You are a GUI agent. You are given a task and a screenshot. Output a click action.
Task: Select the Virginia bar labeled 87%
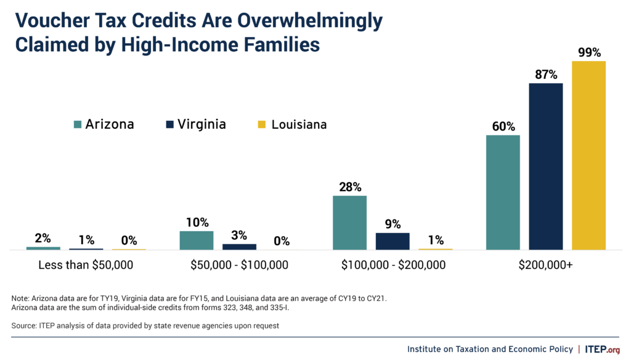point(546,166)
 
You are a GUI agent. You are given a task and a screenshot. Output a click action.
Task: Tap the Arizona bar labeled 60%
point(503,192)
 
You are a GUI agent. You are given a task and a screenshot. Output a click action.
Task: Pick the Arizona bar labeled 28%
point(349,223)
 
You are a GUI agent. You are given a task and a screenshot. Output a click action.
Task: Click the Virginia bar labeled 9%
point(393,241)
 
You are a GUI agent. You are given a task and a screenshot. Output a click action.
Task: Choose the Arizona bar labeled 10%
point(197,240)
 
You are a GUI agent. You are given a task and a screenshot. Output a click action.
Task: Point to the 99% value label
point(589,52)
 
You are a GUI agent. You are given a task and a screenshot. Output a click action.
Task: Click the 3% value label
point(239,235)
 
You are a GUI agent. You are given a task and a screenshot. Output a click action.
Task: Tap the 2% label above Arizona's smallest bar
point(43,238)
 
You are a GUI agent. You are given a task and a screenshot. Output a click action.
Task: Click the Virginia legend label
point(202,125)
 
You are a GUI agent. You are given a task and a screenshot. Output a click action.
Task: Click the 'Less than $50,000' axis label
point(86,266)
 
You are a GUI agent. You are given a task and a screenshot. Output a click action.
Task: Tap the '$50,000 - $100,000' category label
point(239,266)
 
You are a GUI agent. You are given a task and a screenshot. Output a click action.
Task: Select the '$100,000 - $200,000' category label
point(393,266)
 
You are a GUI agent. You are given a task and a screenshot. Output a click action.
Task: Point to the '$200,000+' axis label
point(546,266)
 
